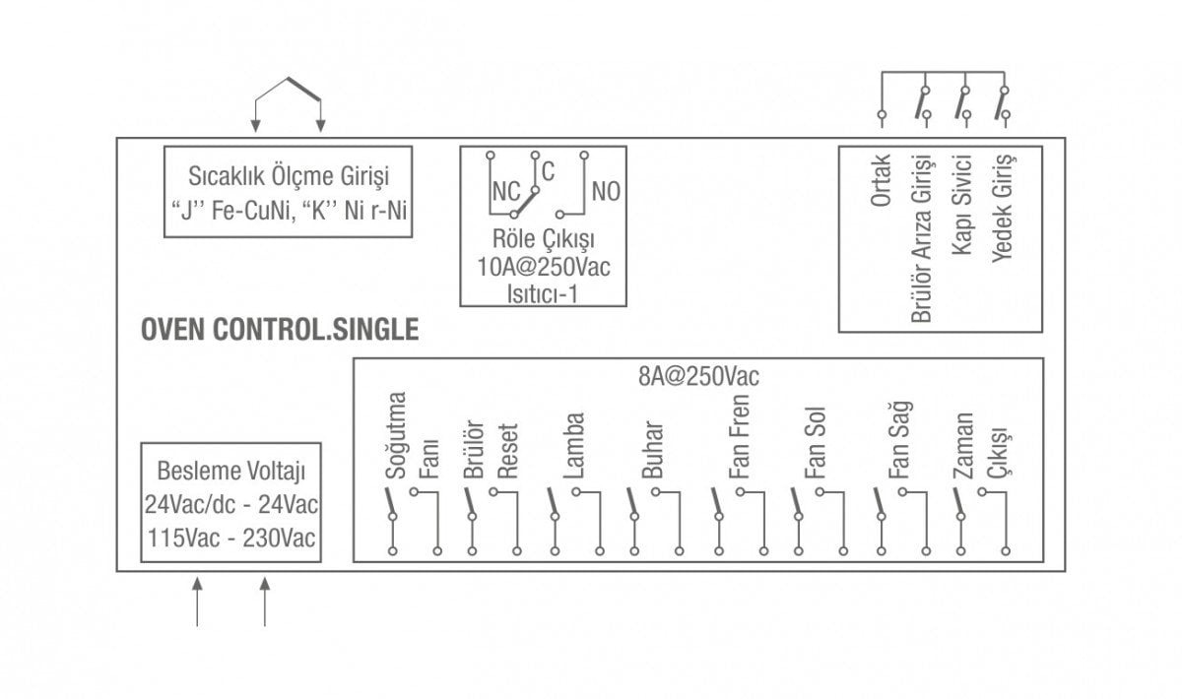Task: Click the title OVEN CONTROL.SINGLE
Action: point(280,330)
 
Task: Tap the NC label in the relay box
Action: point(505,191)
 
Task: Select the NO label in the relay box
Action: point(606,191)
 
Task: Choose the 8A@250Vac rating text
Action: point(698,375)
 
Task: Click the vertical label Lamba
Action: point(574,446)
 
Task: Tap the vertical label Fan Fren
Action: point(740,437)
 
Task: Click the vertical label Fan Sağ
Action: point(898,440)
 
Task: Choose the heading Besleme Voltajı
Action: point(231,470)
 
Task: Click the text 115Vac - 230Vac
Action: point(231,538)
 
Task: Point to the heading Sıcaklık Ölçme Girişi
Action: point(289,177)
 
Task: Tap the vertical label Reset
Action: point(507,453)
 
